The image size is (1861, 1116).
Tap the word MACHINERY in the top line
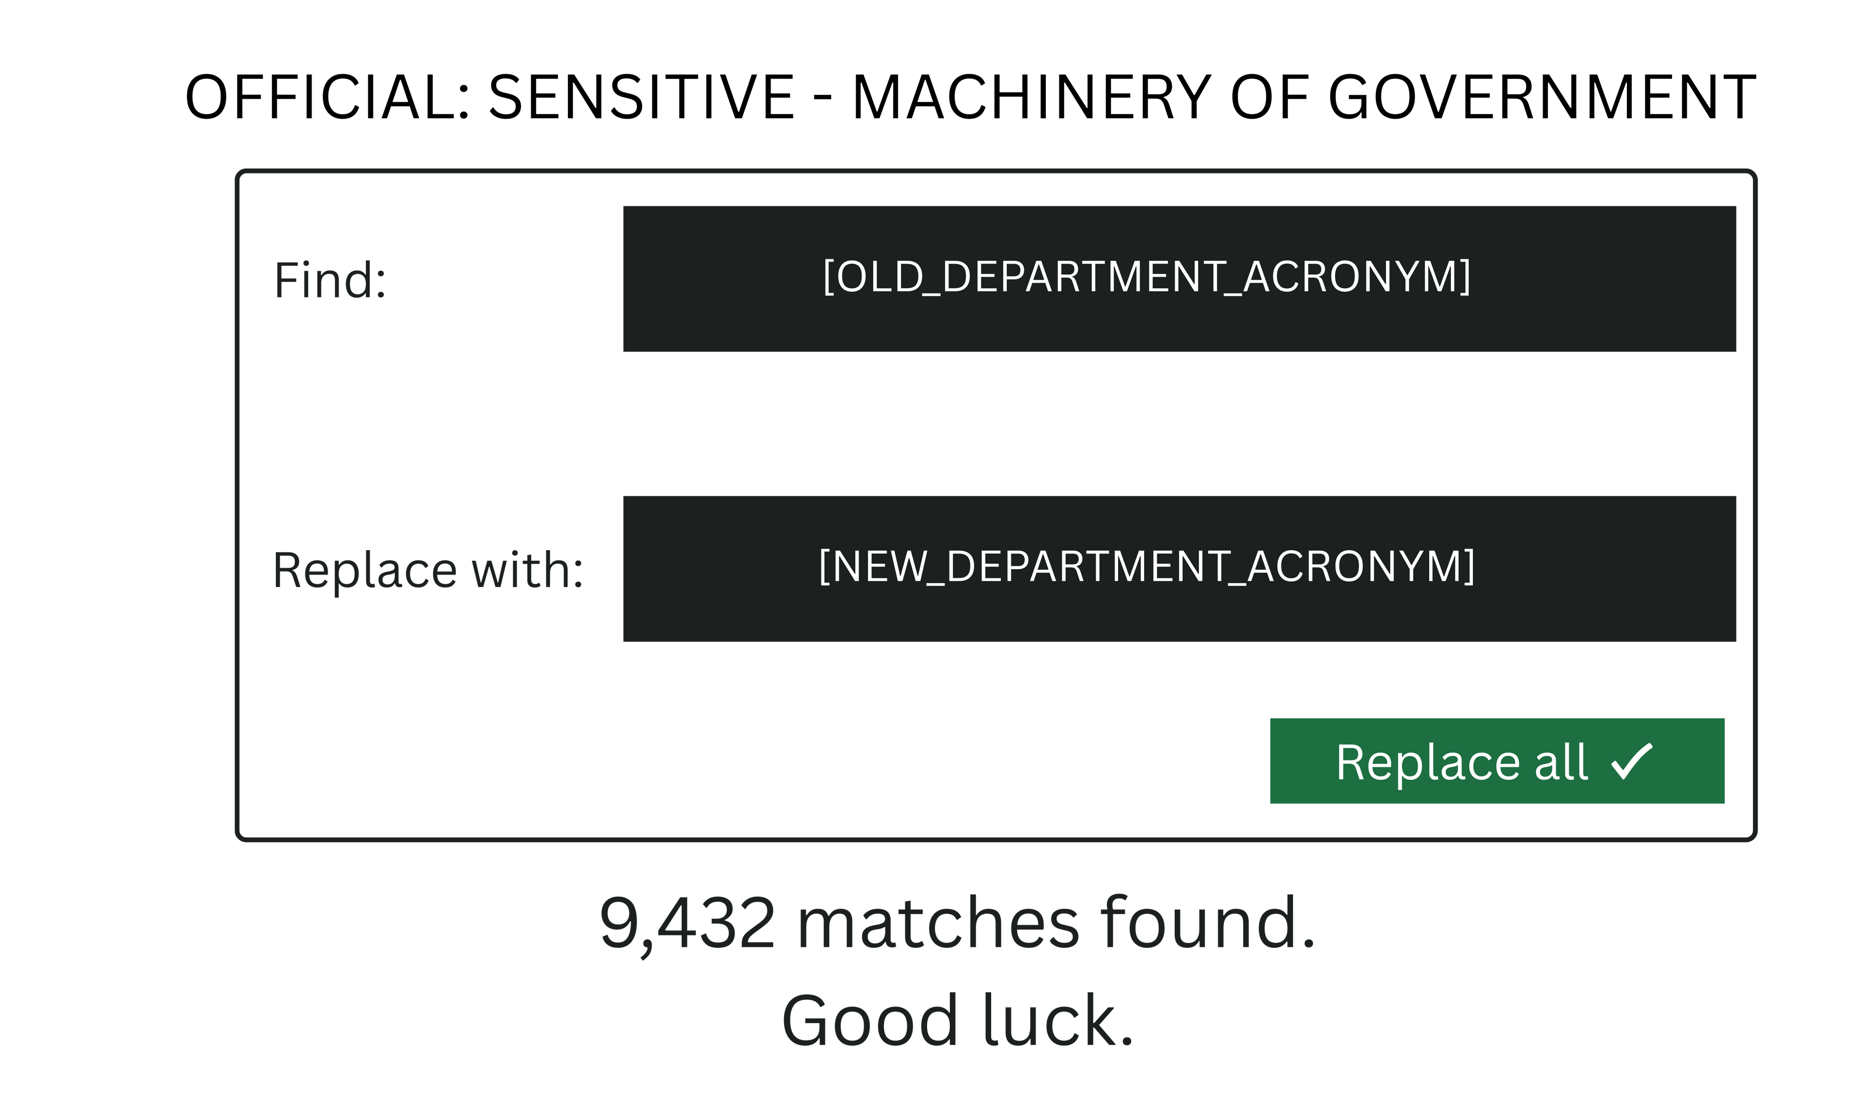click(1030, 98)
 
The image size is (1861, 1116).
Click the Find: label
click(330, 280)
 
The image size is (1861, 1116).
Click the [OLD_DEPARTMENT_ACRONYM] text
click(1146, 277)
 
